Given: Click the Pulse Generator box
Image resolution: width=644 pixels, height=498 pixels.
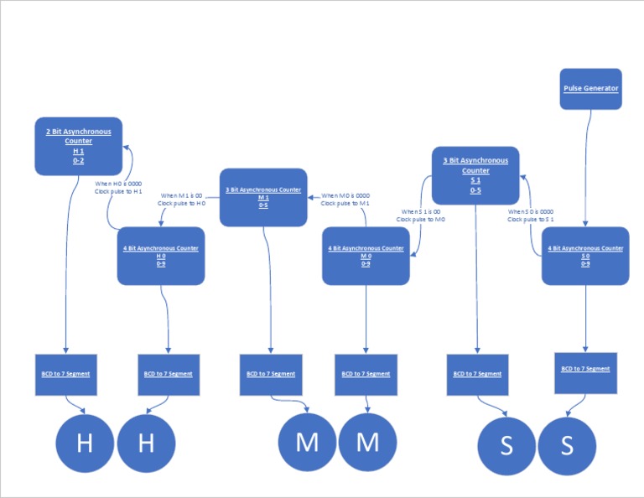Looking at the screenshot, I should tap(591, 89).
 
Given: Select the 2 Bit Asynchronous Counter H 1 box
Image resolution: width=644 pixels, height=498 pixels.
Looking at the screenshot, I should tap(78, 146).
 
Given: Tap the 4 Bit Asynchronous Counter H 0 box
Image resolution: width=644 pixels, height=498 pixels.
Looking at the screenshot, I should tap(161, 256).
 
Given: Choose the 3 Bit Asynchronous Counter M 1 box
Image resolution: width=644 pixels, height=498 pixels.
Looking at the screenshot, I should tap(263, 197).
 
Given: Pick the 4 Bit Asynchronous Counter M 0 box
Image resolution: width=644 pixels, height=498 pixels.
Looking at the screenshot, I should tap(366, 256).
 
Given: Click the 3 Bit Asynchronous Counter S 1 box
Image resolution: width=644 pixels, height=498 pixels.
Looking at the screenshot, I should tap(475, 175).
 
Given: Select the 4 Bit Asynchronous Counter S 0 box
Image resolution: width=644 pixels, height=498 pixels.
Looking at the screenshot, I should tap(585, 256).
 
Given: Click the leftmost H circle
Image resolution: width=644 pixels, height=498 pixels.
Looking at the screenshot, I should tap(85, 443).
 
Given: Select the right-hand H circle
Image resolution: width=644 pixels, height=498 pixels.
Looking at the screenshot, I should tap(146, 443).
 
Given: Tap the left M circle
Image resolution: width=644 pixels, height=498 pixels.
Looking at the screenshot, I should tap(307, 443).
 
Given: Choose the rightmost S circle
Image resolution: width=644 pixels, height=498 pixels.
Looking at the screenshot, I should tap(567, 445).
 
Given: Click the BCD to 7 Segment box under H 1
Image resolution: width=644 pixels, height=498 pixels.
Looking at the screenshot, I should tap(65, 374).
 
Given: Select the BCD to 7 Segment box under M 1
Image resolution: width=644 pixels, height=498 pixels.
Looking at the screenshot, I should tap(271, 374).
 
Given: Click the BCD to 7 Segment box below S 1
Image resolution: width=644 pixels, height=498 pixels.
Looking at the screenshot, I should tap(477, 374).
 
